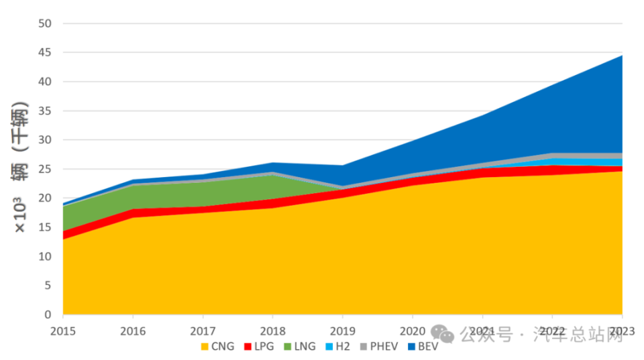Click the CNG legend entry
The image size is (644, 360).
[x=218, y=347]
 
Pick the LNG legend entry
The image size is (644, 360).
[x=300, y=347]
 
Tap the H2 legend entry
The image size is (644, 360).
[x=339, y=347]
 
